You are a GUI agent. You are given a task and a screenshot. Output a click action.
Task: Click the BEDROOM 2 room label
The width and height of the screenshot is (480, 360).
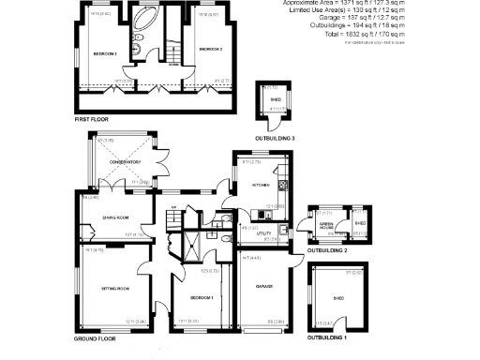[209, 49]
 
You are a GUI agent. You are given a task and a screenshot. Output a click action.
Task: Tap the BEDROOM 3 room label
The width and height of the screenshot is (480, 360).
[104, 54]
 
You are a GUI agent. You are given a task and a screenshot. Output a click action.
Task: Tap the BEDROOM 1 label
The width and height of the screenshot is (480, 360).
[202, 298]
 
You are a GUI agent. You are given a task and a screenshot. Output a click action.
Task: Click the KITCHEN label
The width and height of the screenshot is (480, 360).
[262, 185]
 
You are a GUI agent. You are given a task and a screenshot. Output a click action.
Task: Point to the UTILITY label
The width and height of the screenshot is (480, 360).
[250, 232]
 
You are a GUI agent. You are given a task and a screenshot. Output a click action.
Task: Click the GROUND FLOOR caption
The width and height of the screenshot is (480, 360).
[95, 338]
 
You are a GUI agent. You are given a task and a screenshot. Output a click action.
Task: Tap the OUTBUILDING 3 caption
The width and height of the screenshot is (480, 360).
[275, 138]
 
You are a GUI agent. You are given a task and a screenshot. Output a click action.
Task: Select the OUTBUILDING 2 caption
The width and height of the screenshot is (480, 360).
[327, 251]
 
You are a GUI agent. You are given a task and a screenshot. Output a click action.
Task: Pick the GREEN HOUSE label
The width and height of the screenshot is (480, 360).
[326, 225]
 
